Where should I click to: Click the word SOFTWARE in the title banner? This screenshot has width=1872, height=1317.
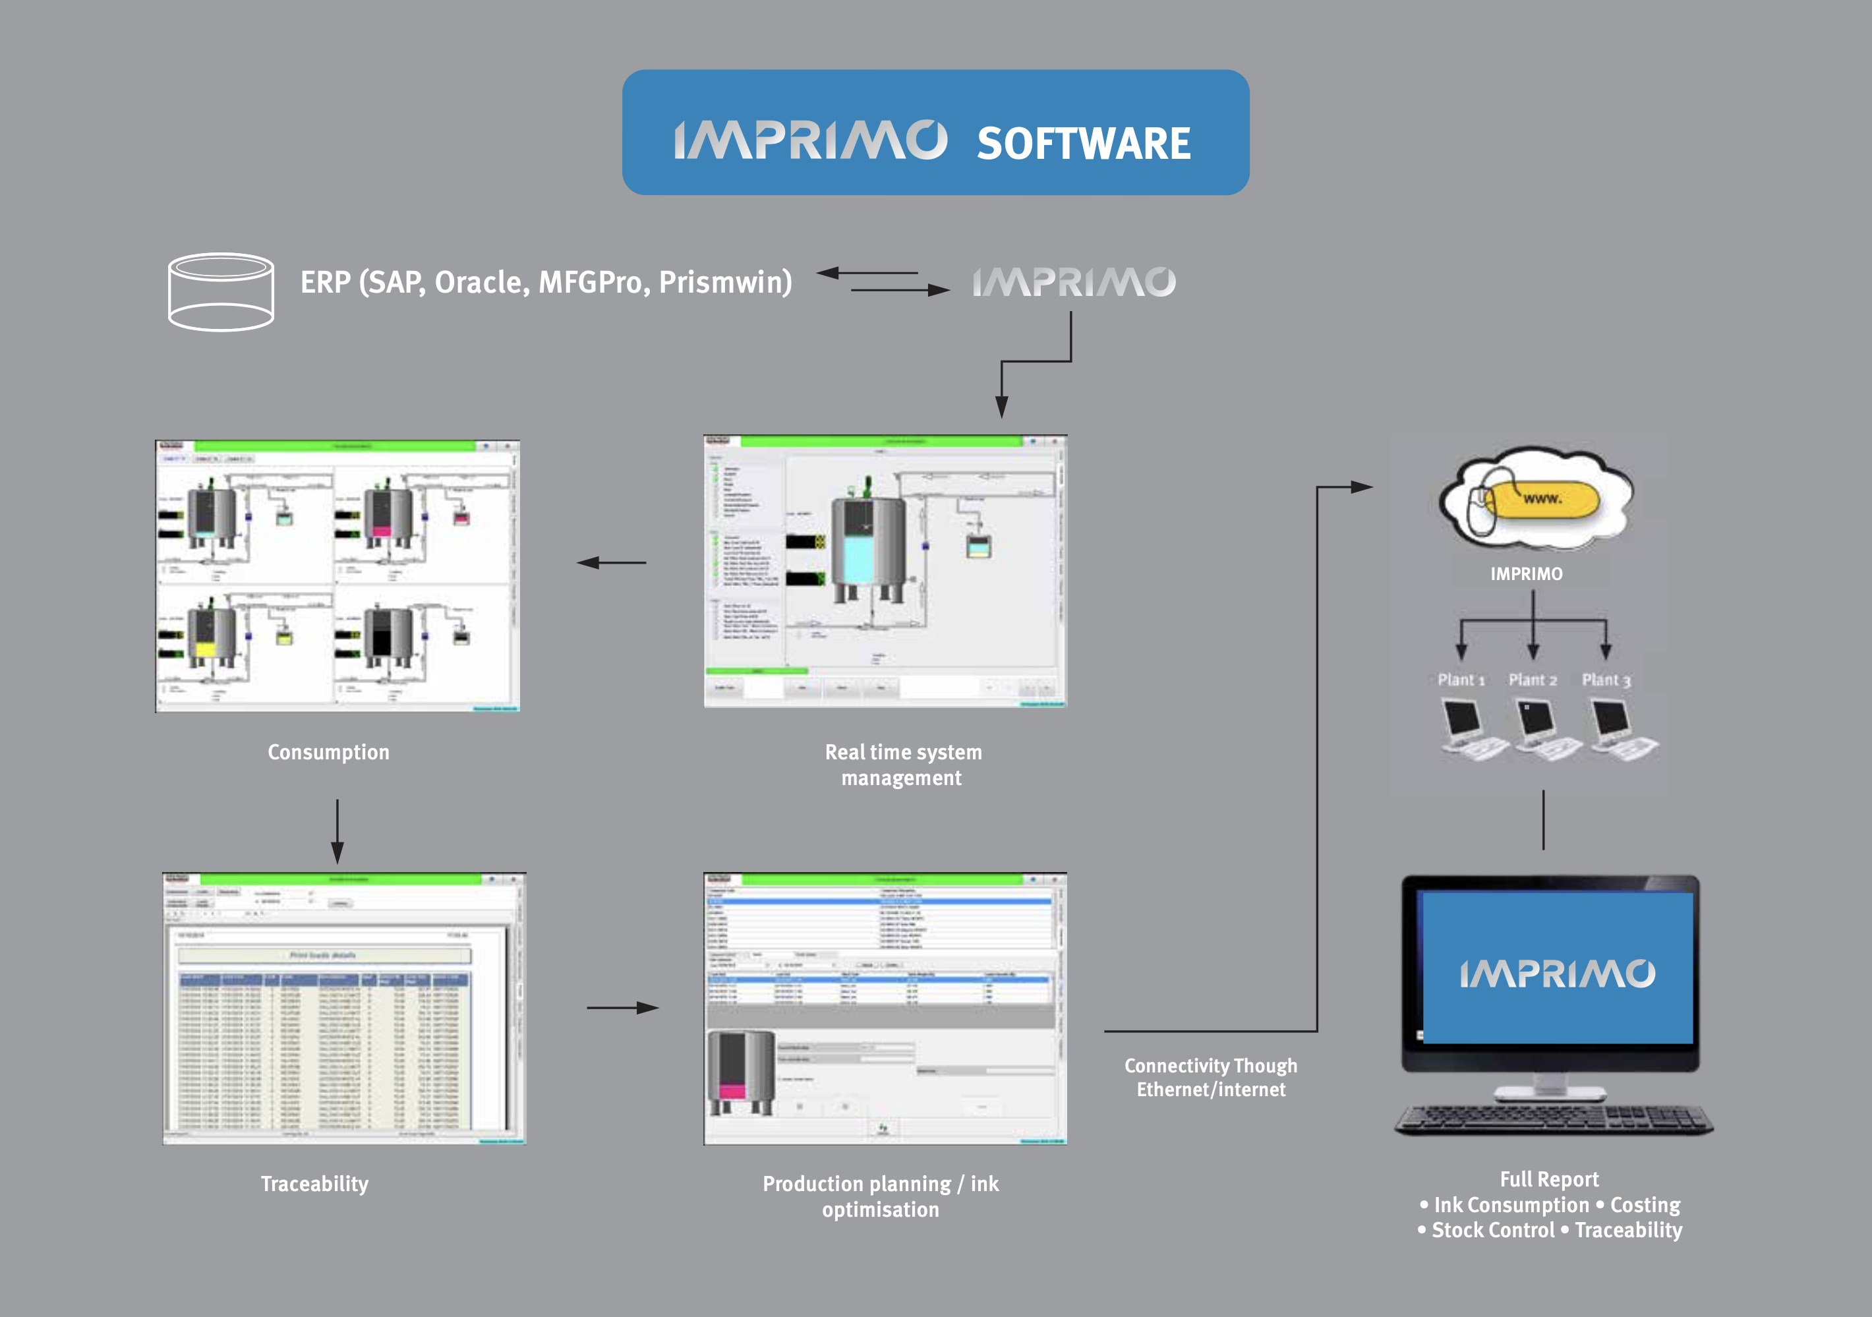pos(1083,144)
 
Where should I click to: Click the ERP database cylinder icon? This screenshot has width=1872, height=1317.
pos(220,291)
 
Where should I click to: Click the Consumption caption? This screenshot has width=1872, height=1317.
pos(328,752)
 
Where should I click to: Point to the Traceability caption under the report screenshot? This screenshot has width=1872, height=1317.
pos(314,1183)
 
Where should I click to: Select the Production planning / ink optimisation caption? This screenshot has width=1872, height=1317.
pos(881,1196)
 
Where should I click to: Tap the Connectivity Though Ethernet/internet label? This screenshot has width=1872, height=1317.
pos(1211,1077)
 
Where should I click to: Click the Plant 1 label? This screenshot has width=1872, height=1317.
pos(1460,680)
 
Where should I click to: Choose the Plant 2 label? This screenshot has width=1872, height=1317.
pos(1532,680)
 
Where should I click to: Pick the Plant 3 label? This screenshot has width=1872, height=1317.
pos(1606,680)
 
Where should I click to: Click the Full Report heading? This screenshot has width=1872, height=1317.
pos(1549,1179)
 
